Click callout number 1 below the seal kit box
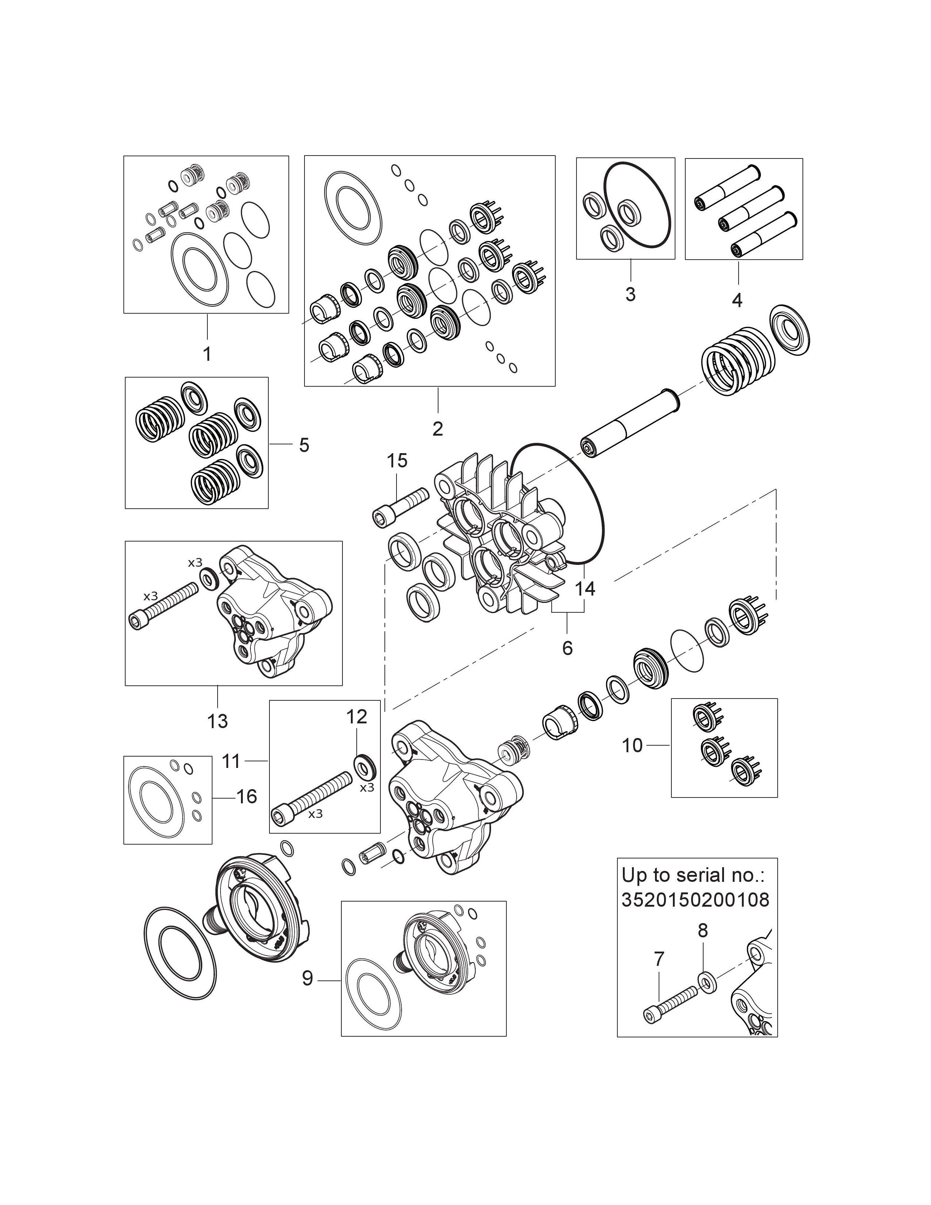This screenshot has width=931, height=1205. [207, 354]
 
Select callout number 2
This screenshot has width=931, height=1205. [437, 429]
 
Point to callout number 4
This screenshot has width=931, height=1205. [737, 300]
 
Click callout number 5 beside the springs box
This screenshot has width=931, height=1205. [304, 445]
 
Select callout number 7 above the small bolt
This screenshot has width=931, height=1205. [659, 959]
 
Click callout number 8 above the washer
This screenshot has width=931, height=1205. [702, 930]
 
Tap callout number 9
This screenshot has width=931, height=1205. [307, 978]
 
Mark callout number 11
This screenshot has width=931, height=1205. [231, 761]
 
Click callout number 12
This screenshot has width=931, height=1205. [356, 717]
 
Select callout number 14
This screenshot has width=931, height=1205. [585, 589]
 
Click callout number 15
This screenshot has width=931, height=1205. [397, 460]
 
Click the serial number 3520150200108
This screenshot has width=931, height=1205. [695, 900]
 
